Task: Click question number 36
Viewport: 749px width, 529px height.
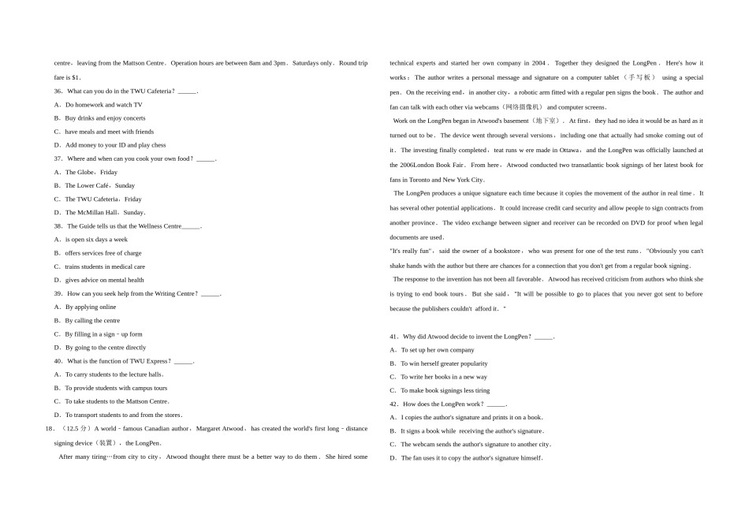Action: pos(58,91)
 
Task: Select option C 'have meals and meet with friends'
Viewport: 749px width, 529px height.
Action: pos(109,132)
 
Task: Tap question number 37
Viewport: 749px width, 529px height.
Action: pos(58,158)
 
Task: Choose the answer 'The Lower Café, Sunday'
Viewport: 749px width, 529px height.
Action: pos(100,186)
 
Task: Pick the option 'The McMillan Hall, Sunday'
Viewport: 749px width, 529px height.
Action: pos(105,213)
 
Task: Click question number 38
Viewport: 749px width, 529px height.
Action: pos(58,226)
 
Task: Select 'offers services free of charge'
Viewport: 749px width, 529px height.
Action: pos(103,253)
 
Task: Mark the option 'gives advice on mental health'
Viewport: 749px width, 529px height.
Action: pos(104,280)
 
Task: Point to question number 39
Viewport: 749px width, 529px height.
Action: pos(58,294)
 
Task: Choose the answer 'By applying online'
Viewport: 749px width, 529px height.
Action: pos(90,307)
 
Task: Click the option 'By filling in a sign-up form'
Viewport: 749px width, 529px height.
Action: pos(103,334)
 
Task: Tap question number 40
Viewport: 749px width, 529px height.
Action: pos(58,361)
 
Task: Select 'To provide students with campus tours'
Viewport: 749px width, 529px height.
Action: pos(116,388)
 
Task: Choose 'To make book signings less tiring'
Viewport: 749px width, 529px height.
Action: pos(445,390)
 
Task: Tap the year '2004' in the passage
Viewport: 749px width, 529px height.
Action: pos(538,63)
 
